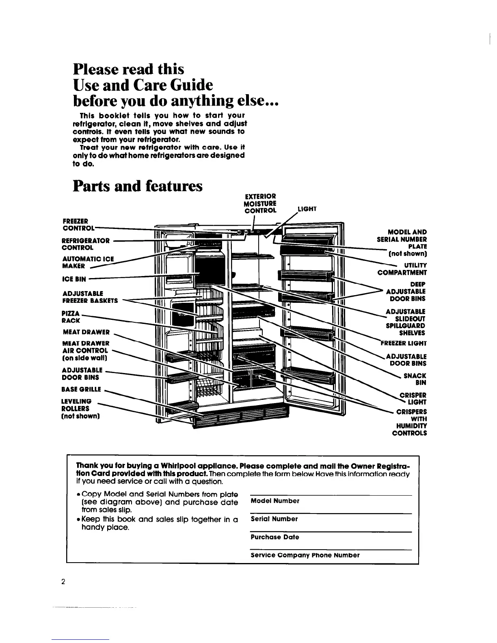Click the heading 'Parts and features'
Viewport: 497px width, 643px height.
coord(137,186)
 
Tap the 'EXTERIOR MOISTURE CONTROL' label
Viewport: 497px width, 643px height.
coord(260,203)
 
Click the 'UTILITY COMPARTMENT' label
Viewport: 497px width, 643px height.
coord(402,269)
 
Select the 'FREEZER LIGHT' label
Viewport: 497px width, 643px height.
coord(404,343)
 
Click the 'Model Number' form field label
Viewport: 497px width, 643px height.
coord(275,501)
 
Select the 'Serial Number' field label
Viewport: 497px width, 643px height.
coord(274,519)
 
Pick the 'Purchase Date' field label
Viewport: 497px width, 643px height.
coord(275,537)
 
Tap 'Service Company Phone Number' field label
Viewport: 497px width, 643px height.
coord(305,555)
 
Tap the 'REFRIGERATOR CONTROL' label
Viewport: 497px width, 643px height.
coord(85,244)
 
